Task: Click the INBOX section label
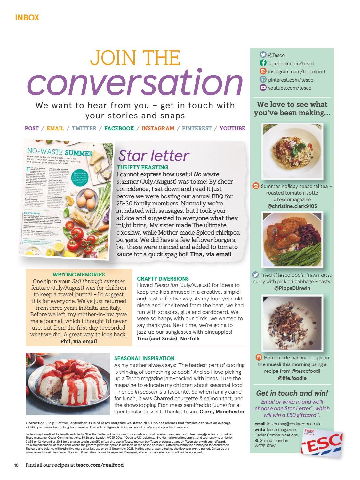(x=27, y=18)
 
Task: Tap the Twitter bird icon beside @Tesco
(x=263, y=55)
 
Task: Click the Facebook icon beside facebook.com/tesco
(x=263, y=63)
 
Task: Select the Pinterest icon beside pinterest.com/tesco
(x=263, y=79)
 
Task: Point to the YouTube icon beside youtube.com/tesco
(x=263, y=87)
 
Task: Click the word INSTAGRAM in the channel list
(x=158, y=128)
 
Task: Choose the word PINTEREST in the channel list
(x=196, y=128)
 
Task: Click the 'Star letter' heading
(x=154, y=156)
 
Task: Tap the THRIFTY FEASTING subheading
(x=142, y=167)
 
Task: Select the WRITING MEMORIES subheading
(x=79, y=275)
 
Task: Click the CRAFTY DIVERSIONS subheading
(x=163, y=279)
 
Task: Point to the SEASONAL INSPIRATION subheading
(x=144, y=358)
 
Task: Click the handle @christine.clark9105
(x=292, y=206)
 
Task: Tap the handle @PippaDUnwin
(x=292, y=288)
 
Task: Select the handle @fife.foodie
(x=292, y=378)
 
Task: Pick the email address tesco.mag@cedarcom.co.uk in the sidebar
(x=293, y=424)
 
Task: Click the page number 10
(x=16, y=465)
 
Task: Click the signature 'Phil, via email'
(x=79, y=341)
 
